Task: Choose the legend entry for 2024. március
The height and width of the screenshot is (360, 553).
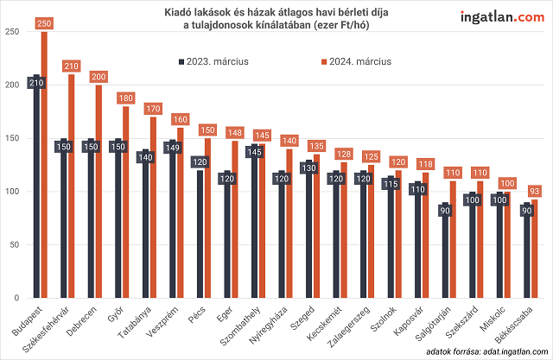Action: pyautogui.click(x=355, y=62)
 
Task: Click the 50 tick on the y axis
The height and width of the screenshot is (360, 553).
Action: pyautogui.click(x=14, y=244)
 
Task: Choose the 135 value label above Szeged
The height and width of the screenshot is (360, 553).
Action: pyautogui.click(x=317, y=146)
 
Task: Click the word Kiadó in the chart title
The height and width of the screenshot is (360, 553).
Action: pyautogui.click(x=178, y=12)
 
